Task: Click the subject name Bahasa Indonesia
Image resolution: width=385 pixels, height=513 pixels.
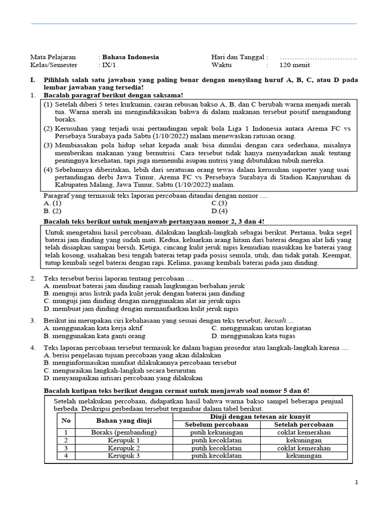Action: click(x=130, y=57)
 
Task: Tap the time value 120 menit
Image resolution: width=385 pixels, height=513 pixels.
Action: click(x=294, y=65)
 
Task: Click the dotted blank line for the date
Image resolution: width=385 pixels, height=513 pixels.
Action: click(x=318, y=58)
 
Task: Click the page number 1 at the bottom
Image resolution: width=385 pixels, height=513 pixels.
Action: click(x=356, y=482)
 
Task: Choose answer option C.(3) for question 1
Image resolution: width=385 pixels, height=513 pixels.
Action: click(x=219, y=203)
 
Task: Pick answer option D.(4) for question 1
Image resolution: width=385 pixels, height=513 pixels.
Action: click(x=219, y=211)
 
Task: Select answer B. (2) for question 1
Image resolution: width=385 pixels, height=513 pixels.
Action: click(x=53, y=211)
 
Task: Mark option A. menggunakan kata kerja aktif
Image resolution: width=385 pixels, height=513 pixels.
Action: click(x=86, y=328)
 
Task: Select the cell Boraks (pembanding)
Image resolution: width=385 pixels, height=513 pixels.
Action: click(x=124, y=432)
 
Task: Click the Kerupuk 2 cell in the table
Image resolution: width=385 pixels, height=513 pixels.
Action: click(x=124, y=448)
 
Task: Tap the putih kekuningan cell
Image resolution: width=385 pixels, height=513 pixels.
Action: click(x=217, y=432)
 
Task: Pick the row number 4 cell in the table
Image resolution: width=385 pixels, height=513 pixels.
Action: click(x=66, y=456)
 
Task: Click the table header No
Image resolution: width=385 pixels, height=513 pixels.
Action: click(x=66, y=420)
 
